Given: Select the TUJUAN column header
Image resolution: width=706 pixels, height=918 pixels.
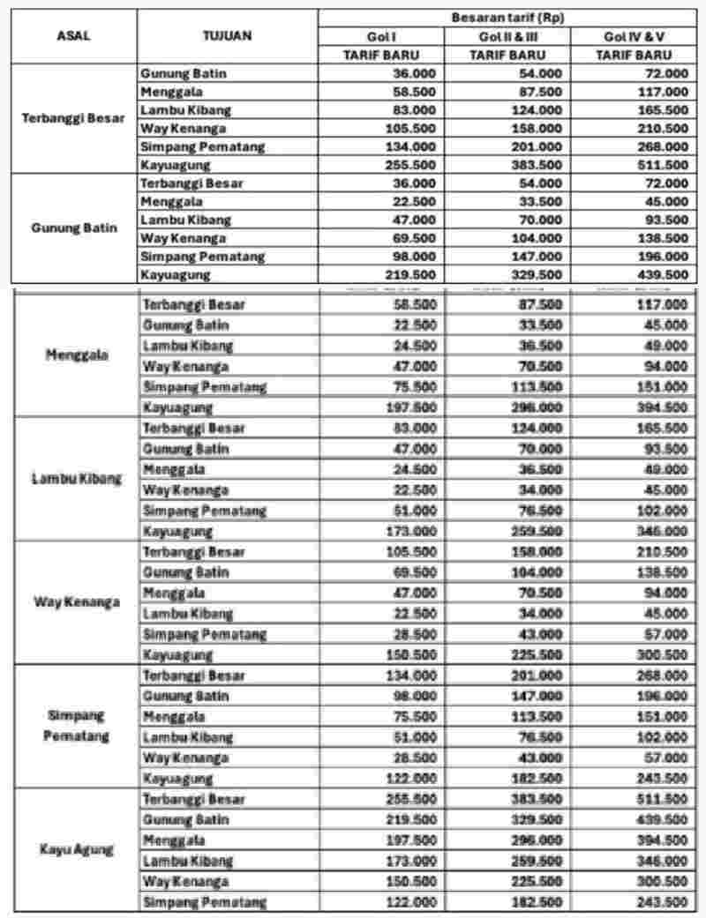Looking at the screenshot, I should pos(228,36).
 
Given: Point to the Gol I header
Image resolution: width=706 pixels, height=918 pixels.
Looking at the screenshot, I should pos(380,36).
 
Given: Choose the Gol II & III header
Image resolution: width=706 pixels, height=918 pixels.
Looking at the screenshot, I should pos(507,36).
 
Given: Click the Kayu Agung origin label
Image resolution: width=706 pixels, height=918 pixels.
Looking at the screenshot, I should pos(76,850).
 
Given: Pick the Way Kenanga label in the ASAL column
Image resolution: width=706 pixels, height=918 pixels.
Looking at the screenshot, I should pos(76,602).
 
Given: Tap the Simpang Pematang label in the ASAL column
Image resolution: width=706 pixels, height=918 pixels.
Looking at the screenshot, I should pos(76,725).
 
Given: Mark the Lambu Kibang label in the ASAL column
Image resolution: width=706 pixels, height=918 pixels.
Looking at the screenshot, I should pos(76,479).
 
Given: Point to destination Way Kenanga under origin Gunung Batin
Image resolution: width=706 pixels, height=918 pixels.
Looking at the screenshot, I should pos(184,238).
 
